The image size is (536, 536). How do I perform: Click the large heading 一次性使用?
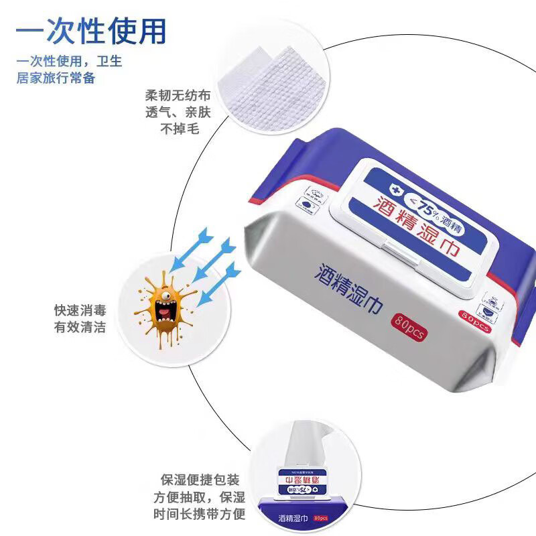pyautogui.click(x=90, y=30)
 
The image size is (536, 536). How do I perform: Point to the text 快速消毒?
pyautogui.click(x=79, y=311)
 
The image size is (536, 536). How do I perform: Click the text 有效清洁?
pyautogui.click(x=79, y=328)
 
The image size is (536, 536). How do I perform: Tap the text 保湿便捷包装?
pyautogui.click(x=200, y=480)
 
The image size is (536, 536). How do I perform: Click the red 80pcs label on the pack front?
pyautogui.click(x=410, y=326)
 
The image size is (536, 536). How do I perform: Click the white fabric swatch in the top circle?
pyautogui.click(x=275, y=84)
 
